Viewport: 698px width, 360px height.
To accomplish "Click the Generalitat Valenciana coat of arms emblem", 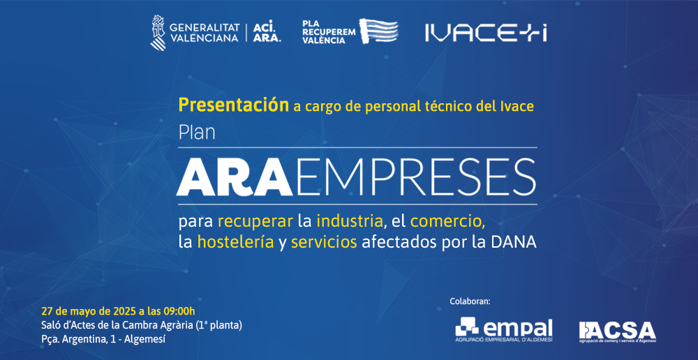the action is [x=158, y=33].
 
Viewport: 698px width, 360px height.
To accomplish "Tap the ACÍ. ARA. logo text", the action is [x=267, y=33].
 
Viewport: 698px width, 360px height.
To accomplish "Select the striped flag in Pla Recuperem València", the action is [x=379, y=30].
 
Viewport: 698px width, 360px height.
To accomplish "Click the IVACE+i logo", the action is [x=486, y=33].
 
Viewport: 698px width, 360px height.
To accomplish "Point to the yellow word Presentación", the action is [x=234, y=105].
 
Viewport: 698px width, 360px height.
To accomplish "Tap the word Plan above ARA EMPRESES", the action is [x=197, y=133].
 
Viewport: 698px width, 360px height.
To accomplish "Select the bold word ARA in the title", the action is [x=235, y=177].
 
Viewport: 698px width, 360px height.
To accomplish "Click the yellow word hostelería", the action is [x=235, y=242].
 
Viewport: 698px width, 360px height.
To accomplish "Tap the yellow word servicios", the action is [x=324, y=242].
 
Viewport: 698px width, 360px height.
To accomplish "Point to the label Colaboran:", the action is [x=470, y=301].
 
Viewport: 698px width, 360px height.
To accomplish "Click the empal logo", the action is [x=503, y=330].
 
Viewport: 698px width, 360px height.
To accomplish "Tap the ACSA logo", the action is [x=618, y=331].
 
